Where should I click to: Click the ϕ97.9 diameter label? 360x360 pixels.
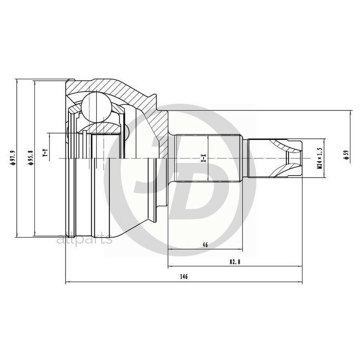[13, 158]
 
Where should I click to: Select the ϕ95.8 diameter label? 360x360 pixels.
[31, 158]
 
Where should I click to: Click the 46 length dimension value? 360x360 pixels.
[205, 245]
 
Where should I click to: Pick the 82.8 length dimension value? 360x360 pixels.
[235, 262]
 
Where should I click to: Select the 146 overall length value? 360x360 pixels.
[184, 277]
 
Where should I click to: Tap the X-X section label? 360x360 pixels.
[204, 158]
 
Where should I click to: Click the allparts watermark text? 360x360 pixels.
[84, 240]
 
